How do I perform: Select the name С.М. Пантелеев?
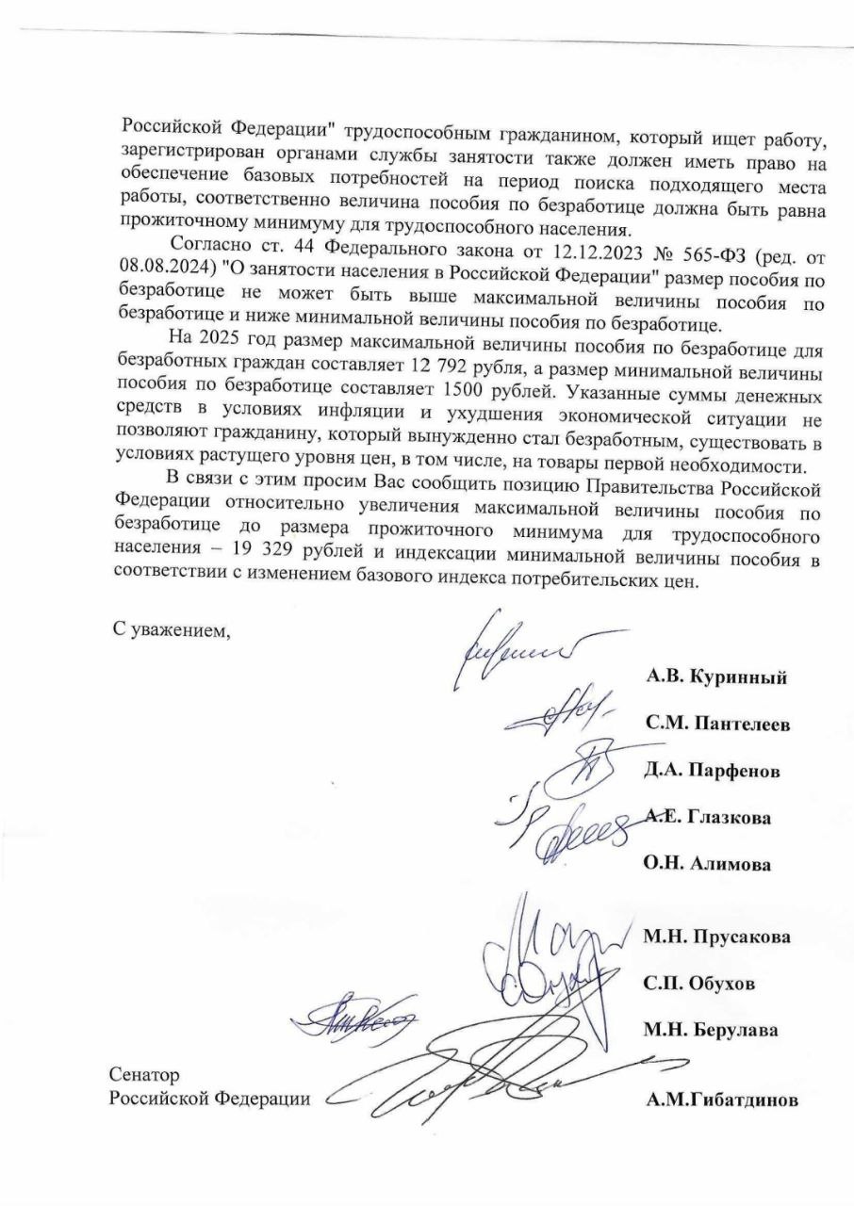coord(718,725)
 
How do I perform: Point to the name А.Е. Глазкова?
coord(708,818)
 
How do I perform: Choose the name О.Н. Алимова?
coord(707,865)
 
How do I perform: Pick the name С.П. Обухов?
coord(698,984)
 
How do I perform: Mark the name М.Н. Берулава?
coord(711,1030)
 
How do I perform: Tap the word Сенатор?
coord(143,1075)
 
